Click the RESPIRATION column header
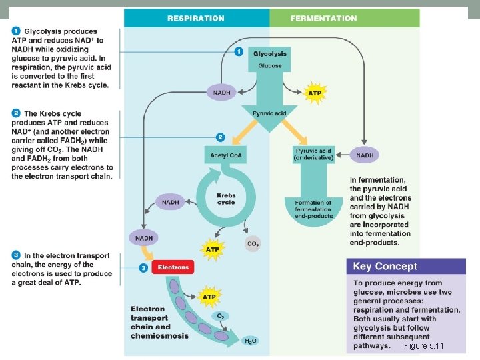(x=195, y=18)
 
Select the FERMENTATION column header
(x=323, y=18)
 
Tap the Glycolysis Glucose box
(x=270, y=59)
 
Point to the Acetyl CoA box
(x=225, y=155)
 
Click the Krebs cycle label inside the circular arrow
(x=226, y=199)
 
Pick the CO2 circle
(x=253, y=244)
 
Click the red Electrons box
(x=173, y=267)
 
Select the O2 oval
(x=221, y=315)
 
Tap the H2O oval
(x=250, y=341)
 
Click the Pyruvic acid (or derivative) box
(x=313, y=155)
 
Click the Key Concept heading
(x=385, y=267)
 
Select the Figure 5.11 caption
(x=423, y=347)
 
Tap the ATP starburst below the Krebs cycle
(x=212, y=249)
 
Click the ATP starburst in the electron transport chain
(x=209, y=296)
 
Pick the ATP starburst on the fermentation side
(x=314, y=93)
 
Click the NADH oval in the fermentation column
(x=365, y=155)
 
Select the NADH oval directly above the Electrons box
(x=144, y=238)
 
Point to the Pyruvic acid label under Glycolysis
(x=270, y=113)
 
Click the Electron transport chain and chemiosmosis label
(x=159, y=322)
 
